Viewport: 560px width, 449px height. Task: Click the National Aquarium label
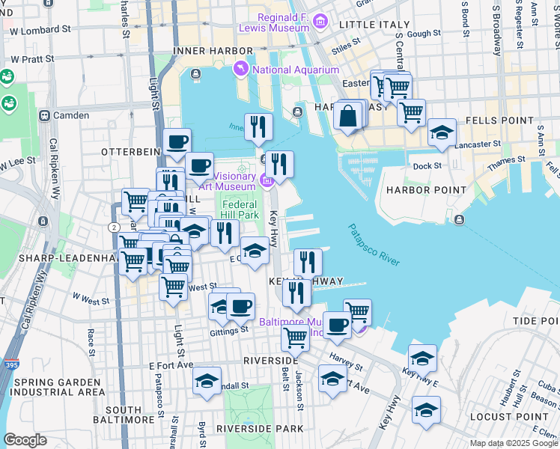coord(296,70)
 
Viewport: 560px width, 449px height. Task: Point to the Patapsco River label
coord(374,245)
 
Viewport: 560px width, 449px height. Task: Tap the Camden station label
coord(70,115)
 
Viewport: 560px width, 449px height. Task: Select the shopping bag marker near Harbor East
coord(348,115)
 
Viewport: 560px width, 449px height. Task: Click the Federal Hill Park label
coord(240,210)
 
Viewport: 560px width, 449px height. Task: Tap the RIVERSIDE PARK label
coord(260,429)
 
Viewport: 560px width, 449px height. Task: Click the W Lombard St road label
coord(40,31)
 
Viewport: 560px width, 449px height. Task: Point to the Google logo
coord(25,440)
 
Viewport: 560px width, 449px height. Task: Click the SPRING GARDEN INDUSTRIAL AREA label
coord(58,387)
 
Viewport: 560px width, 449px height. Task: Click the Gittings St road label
coord(229,329)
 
